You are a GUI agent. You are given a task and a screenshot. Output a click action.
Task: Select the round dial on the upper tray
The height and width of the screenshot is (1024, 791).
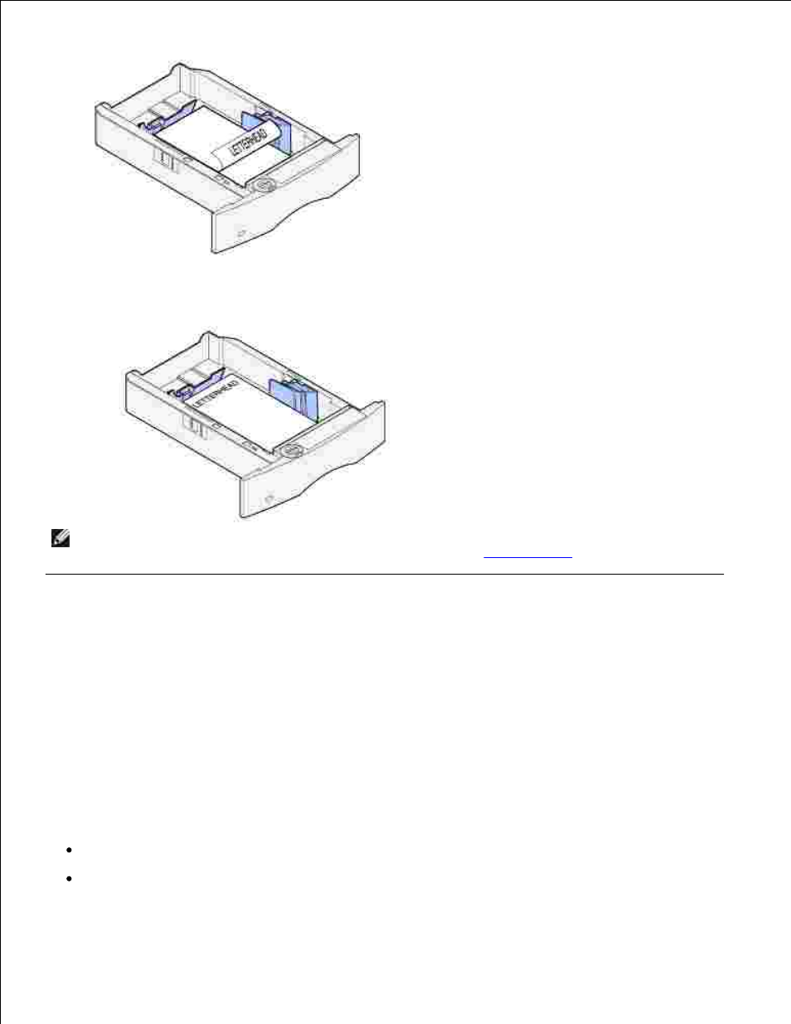pyautogui.click(x=264, y=184)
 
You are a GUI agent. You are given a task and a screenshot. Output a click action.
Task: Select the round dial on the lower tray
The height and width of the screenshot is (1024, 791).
pyautogui.click(x=291, y=450)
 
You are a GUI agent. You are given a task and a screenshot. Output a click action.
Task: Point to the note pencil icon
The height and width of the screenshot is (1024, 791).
pyautogui.click(x=61, y=538)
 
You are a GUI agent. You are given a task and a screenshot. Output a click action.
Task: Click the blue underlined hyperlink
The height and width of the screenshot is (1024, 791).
pyautogui.click(x=527, y=557)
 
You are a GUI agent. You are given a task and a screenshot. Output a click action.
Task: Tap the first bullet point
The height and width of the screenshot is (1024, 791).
pyautogui.click(x=70, y=850)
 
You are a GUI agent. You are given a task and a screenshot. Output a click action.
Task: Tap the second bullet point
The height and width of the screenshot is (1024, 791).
pyautogui.click(x=70, y=878)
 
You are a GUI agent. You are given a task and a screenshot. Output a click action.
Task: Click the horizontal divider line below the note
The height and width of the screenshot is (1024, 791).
pyautogui.click(x=385, y=574)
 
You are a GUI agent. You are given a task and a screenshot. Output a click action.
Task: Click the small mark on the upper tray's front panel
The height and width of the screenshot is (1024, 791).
pyautogui.click(x=240, y=233)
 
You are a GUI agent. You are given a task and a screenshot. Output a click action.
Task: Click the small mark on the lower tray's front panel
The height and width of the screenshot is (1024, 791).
pyautogui.click(x=269, y=497)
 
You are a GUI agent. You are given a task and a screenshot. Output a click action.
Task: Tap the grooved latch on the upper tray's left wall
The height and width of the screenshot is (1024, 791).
pyautogui.click(x=165, y=159)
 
